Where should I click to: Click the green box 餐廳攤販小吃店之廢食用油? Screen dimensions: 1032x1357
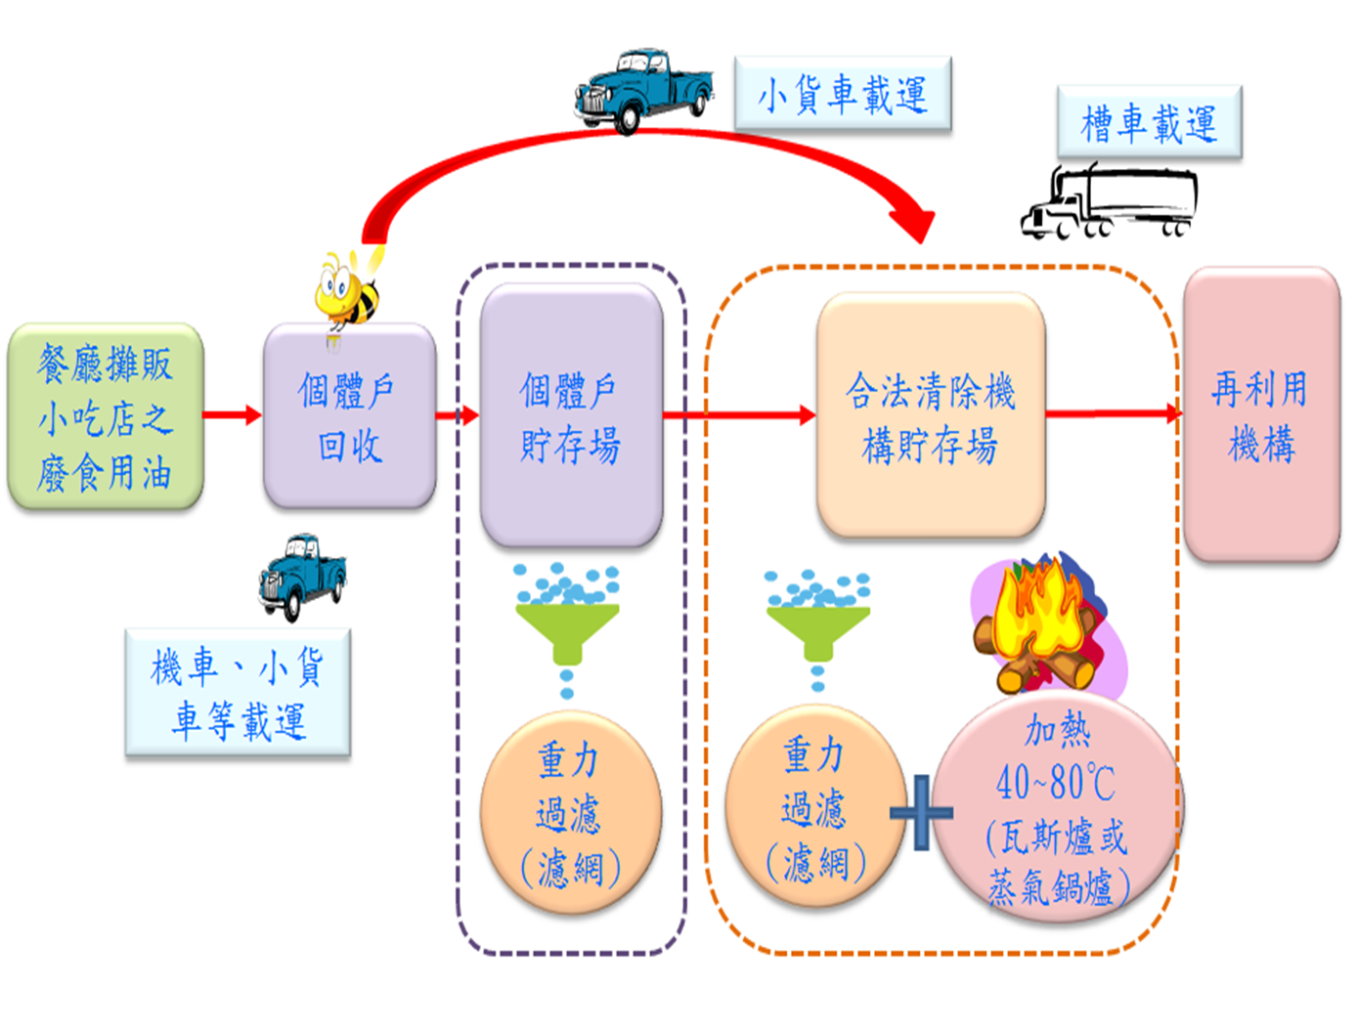(106, 417)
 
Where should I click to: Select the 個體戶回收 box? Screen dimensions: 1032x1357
(349, 417)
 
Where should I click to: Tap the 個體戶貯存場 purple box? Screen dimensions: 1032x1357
(571, 417)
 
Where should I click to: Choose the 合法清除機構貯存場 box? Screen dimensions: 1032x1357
(930, 417)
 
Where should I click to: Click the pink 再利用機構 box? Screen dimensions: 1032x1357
(1261, 415)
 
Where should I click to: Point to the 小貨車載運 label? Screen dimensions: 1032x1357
(842, 94)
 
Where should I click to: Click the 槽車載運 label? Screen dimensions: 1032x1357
(1149, 123)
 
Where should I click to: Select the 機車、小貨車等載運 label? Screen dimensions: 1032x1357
(238, 694)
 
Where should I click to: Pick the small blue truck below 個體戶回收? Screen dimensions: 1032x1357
(302, 577)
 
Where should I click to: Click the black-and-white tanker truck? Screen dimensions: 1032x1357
(1110, 202)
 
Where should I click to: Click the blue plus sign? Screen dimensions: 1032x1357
(920, 812)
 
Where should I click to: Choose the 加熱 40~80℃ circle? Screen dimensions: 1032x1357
(1056, 806)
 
